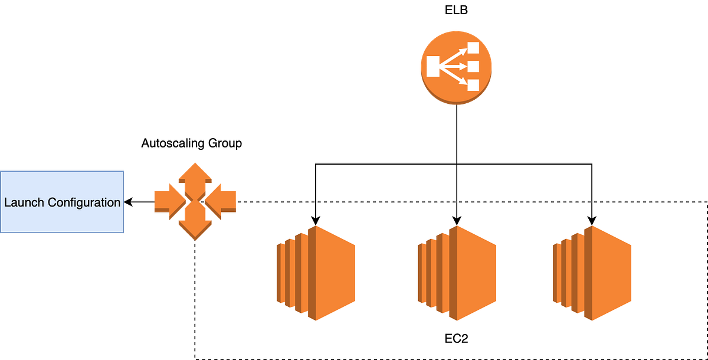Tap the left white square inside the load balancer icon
pyautogui.click(x=433, y=67)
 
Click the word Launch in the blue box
pyautogui.click(x=24, y=202)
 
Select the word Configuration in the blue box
pyautogui.click(x=84, y=202)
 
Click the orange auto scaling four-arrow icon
pyautogui.click(x=195, y=200)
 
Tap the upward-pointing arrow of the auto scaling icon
pyautogui.click(x=195, y=175)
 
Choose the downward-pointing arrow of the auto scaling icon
pyautogui.click(x=195, y=227)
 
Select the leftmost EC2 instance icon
pyautogui.click(x=316, y=273)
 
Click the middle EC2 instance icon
pyautogui.click(x=457, y=273)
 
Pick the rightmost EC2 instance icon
pyautogui.click(x=592, y=273)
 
